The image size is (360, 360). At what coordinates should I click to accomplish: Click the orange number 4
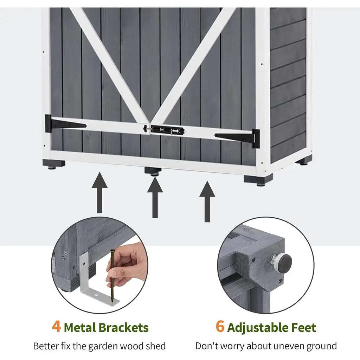pos(56,326)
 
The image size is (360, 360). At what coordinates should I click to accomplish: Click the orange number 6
pos(220,326)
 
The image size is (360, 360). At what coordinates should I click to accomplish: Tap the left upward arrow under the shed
pos(99,193)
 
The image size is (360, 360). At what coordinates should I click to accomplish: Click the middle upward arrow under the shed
pos(155,197)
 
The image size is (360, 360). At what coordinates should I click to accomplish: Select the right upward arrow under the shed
pos(207,201)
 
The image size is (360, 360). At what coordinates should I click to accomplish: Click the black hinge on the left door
pos(65,124)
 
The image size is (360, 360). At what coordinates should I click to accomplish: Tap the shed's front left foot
pos(53,164)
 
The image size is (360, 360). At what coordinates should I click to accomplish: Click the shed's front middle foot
pos(153,171)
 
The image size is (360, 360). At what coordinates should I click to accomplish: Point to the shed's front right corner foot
pos(258,180)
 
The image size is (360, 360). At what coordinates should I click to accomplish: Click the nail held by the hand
pos(112,275)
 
